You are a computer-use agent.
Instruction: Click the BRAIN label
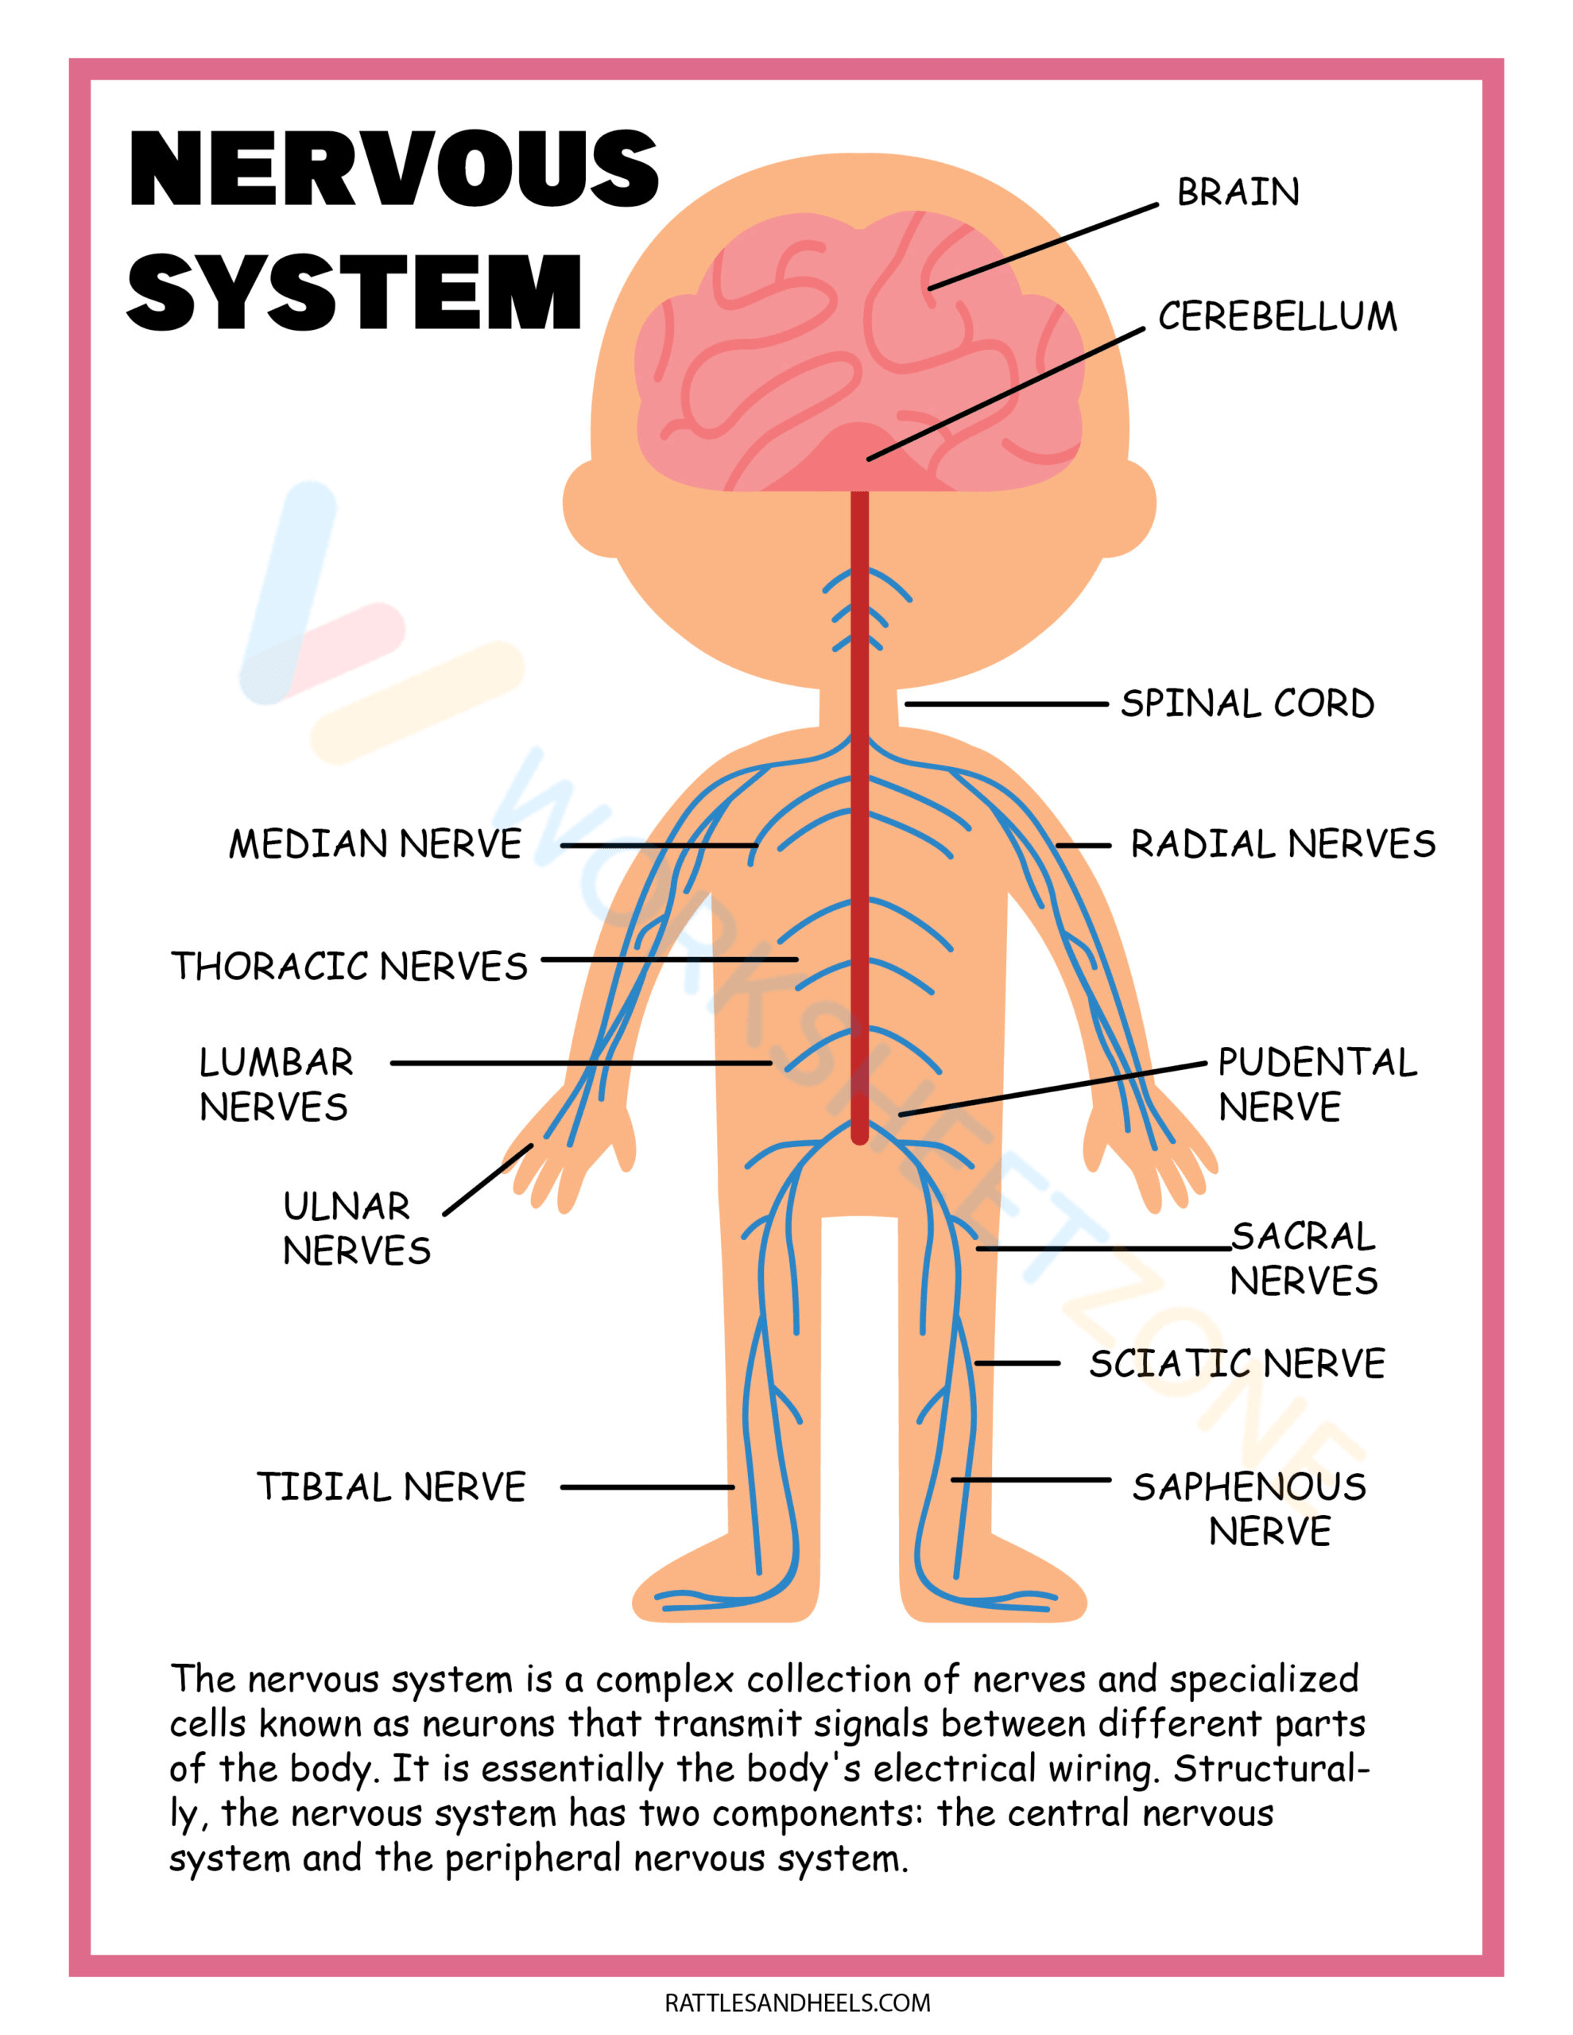[1238, 192]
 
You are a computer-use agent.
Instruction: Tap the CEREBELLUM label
[1277, 317]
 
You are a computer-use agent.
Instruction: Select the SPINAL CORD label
[1247, 704]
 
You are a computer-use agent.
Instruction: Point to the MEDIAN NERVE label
[375, 844]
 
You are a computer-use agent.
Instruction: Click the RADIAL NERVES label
[1283, 844]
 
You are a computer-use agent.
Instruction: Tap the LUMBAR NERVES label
[276, 1084]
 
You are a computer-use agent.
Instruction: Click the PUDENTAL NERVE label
[1315, 1084]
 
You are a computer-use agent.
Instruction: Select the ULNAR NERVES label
[356, 1228]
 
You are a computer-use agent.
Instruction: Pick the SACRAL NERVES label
[1304, 1258]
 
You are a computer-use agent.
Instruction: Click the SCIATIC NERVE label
[1237, 1364]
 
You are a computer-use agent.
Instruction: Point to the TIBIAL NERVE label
[391, 1487]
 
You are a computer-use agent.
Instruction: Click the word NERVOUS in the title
[393, 169]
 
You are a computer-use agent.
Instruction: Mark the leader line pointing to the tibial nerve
[647, 1487]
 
